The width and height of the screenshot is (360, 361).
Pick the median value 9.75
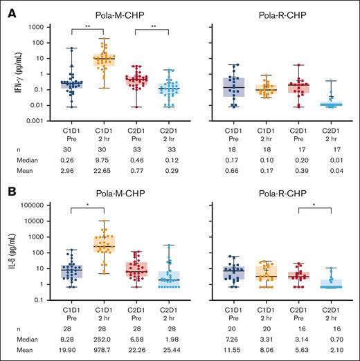coord(107,158)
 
